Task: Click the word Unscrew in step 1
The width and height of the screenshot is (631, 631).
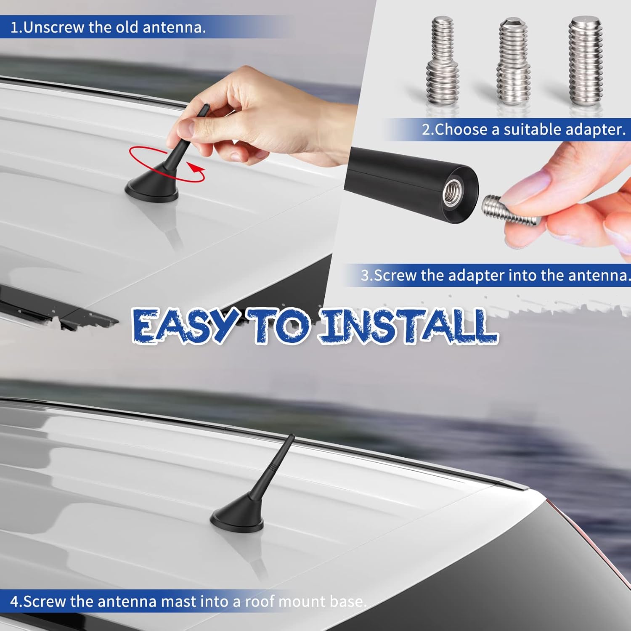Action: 54,27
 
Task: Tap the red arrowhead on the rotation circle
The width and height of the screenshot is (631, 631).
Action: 194,168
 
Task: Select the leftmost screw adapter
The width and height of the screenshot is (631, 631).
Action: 442,61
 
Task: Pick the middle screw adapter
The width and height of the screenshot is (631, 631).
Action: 514,61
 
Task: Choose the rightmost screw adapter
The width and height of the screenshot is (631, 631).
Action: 585,61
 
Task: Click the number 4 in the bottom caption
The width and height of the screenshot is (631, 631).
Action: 14,602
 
